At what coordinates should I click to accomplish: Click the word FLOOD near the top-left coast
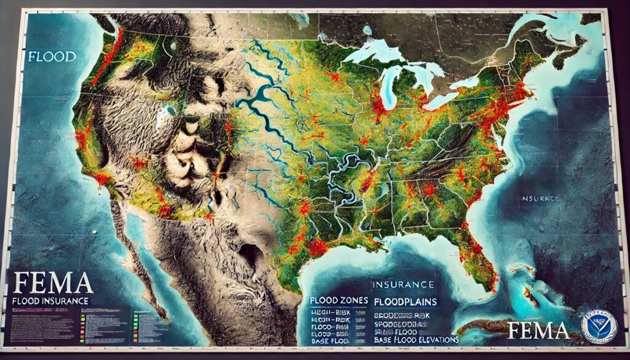tap(52, 57)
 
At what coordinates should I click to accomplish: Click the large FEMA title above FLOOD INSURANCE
tap(52, 283)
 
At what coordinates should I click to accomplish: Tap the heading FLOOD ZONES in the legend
tap(339, 301)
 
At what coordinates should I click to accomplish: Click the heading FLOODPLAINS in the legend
tap(405, 302)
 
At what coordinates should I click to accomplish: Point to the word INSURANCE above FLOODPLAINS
tap(404, 284)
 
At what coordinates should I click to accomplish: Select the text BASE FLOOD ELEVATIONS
tap(415, 340)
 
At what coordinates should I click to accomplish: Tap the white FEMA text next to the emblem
tap(538, 330)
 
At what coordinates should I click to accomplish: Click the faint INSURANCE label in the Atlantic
tap(540, 199)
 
